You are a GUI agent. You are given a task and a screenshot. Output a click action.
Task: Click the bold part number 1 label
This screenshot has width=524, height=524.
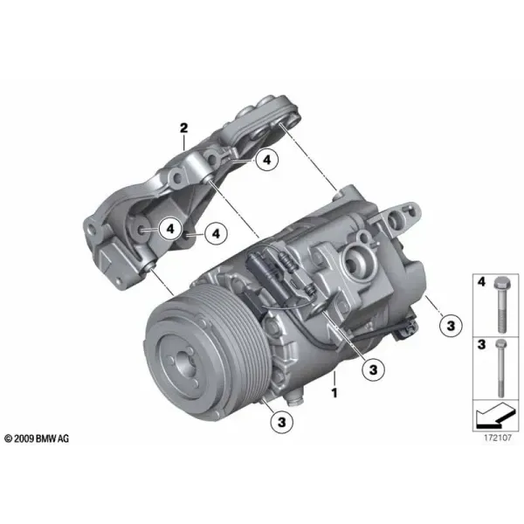pos(334,392)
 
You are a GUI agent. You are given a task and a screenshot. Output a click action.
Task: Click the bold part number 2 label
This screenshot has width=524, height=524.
pos(183,128)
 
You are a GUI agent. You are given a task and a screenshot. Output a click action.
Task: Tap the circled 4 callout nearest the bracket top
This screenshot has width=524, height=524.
pos(266,160)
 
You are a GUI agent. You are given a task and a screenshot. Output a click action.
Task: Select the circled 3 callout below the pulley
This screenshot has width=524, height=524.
pos(282,422)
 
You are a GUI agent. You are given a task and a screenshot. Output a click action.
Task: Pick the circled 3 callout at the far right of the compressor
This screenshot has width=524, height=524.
pos(451,325)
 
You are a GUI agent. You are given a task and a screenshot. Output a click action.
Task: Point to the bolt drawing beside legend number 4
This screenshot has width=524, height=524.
pos(501,305)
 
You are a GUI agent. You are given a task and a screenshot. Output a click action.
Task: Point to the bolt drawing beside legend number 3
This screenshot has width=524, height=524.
pos(500,368)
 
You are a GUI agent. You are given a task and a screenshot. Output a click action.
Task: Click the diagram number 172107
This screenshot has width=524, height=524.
pos(498,438)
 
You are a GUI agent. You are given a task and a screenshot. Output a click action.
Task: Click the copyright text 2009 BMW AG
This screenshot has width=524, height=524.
pos(37,438)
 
